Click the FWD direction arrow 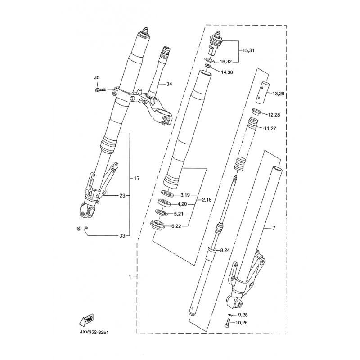pos(86,319)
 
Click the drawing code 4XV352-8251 pos(94,332)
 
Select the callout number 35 pos(97,77)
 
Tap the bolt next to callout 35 pos(100,90)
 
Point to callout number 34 pos(169,84)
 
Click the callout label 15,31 pos(248,50)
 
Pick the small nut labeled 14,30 pos(208,66)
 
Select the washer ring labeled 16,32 pos(210,60)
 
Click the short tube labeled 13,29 pos(263,92)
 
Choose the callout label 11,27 pos(270,128)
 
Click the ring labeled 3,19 pos(167,193)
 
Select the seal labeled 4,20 pos(164,203)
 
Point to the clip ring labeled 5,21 pos(162,212)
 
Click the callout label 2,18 pos(207,200)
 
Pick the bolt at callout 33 pos(82,229)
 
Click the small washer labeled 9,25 pos(231,315)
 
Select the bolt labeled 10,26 pos(227,323)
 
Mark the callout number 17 pos(137,178)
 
